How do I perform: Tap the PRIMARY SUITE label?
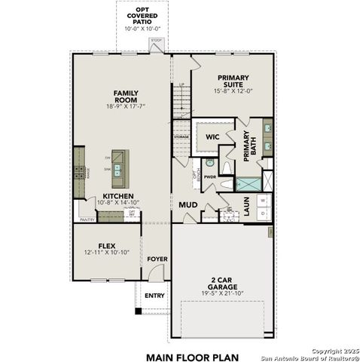click(233, 78)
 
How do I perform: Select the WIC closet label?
click(213, 137)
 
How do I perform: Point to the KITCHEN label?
click(118, 195)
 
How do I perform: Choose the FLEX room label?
click(111, 245)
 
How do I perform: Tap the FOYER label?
click(157, 259)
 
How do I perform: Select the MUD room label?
click(188, 204)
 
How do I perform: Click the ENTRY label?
click(154, 295)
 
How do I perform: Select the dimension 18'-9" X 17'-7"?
click(125, 107)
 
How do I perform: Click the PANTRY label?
click(87, 220)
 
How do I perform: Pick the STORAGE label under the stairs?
click(181, 137)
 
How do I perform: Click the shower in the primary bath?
click(248, 183)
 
